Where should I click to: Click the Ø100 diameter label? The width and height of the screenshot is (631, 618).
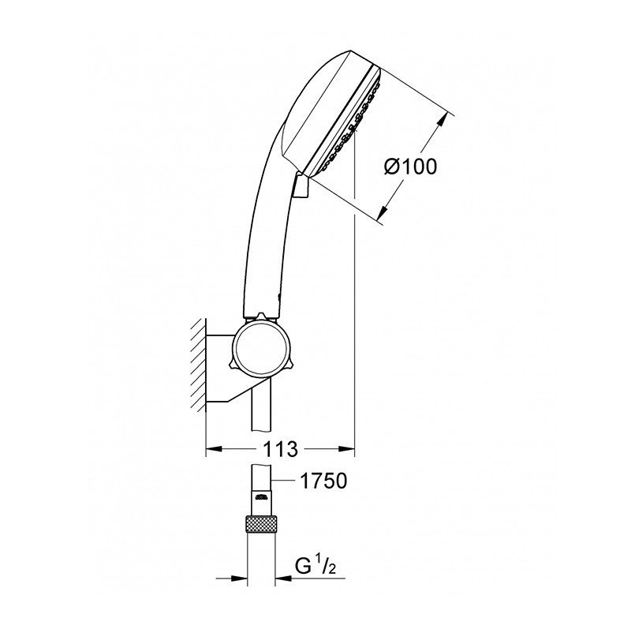[x=409, y=167]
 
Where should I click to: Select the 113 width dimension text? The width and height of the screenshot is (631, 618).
[x=279, y=450]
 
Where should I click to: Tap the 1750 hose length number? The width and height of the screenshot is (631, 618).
[x=319, y=481]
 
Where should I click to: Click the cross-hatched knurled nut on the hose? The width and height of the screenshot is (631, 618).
[x=261, y=524]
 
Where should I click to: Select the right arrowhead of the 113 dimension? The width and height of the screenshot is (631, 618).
[x=348, y=450]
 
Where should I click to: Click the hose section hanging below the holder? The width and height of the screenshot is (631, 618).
[x=261, y=410]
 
